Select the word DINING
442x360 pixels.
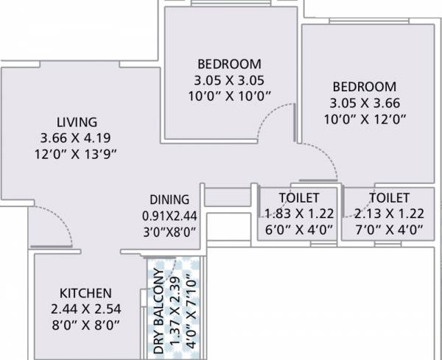pyautogui.click(x=170, y=200)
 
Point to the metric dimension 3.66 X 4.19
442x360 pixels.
pyautogui.click(x=77, y=138)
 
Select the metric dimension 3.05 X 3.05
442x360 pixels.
pyautogui.click(x=229, y=80)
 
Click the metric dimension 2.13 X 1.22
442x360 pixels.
pyautogui.click(x=388, y=214)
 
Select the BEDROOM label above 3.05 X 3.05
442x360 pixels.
pyautogui.click(x=229, y=63)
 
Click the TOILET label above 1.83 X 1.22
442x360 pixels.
pyautogui.click(x=298, y=198)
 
